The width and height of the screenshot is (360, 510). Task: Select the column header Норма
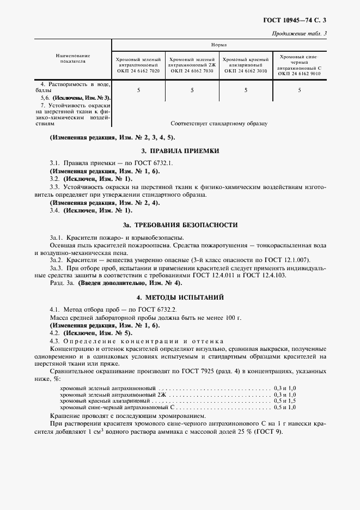[219, 45]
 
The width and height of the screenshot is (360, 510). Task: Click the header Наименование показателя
[72, 58]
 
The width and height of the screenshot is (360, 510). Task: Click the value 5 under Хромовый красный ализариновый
[246, 90]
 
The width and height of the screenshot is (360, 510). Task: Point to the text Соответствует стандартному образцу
[219, 124]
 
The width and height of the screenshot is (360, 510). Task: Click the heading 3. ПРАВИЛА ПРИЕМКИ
[180, 150]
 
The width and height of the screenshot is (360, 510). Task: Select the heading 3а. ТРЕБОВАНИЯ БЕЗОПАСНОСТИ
[180, 225]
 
